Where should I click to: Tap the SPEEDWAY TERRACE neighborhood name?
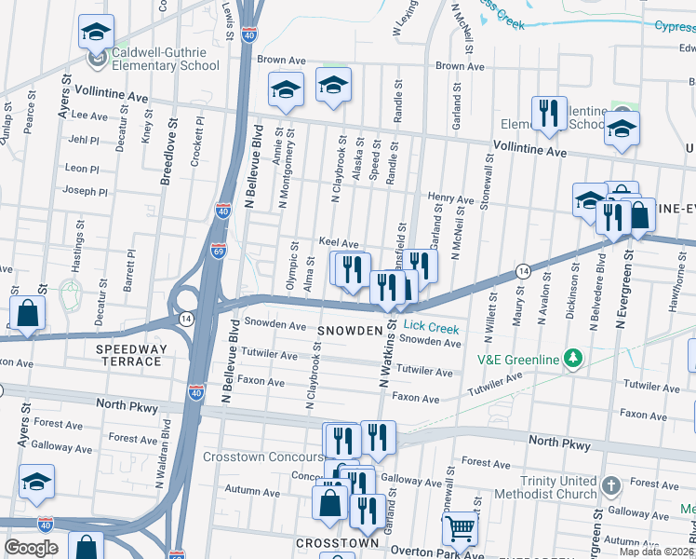click(x=131, y=356)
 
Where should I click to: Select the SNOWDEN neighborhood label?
click(x=350, y=331)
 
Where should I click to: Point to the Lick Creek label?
click(x=431, y=329)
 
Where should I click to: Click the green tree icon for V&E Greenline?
click(x=575, y=359)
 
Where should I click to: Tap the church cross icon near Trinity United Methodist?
click(x=610, y=485)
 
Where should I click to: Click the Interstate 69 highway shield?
click(x=217, y=252)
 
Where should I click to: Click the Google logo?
click(x=31, y=548)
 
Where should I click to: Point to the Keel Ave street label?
click(x=339, y=241)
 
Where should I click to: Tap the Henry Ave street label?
click(x=450, y=198)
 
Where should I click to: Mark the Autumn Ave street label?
click(x=246, y=490)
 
